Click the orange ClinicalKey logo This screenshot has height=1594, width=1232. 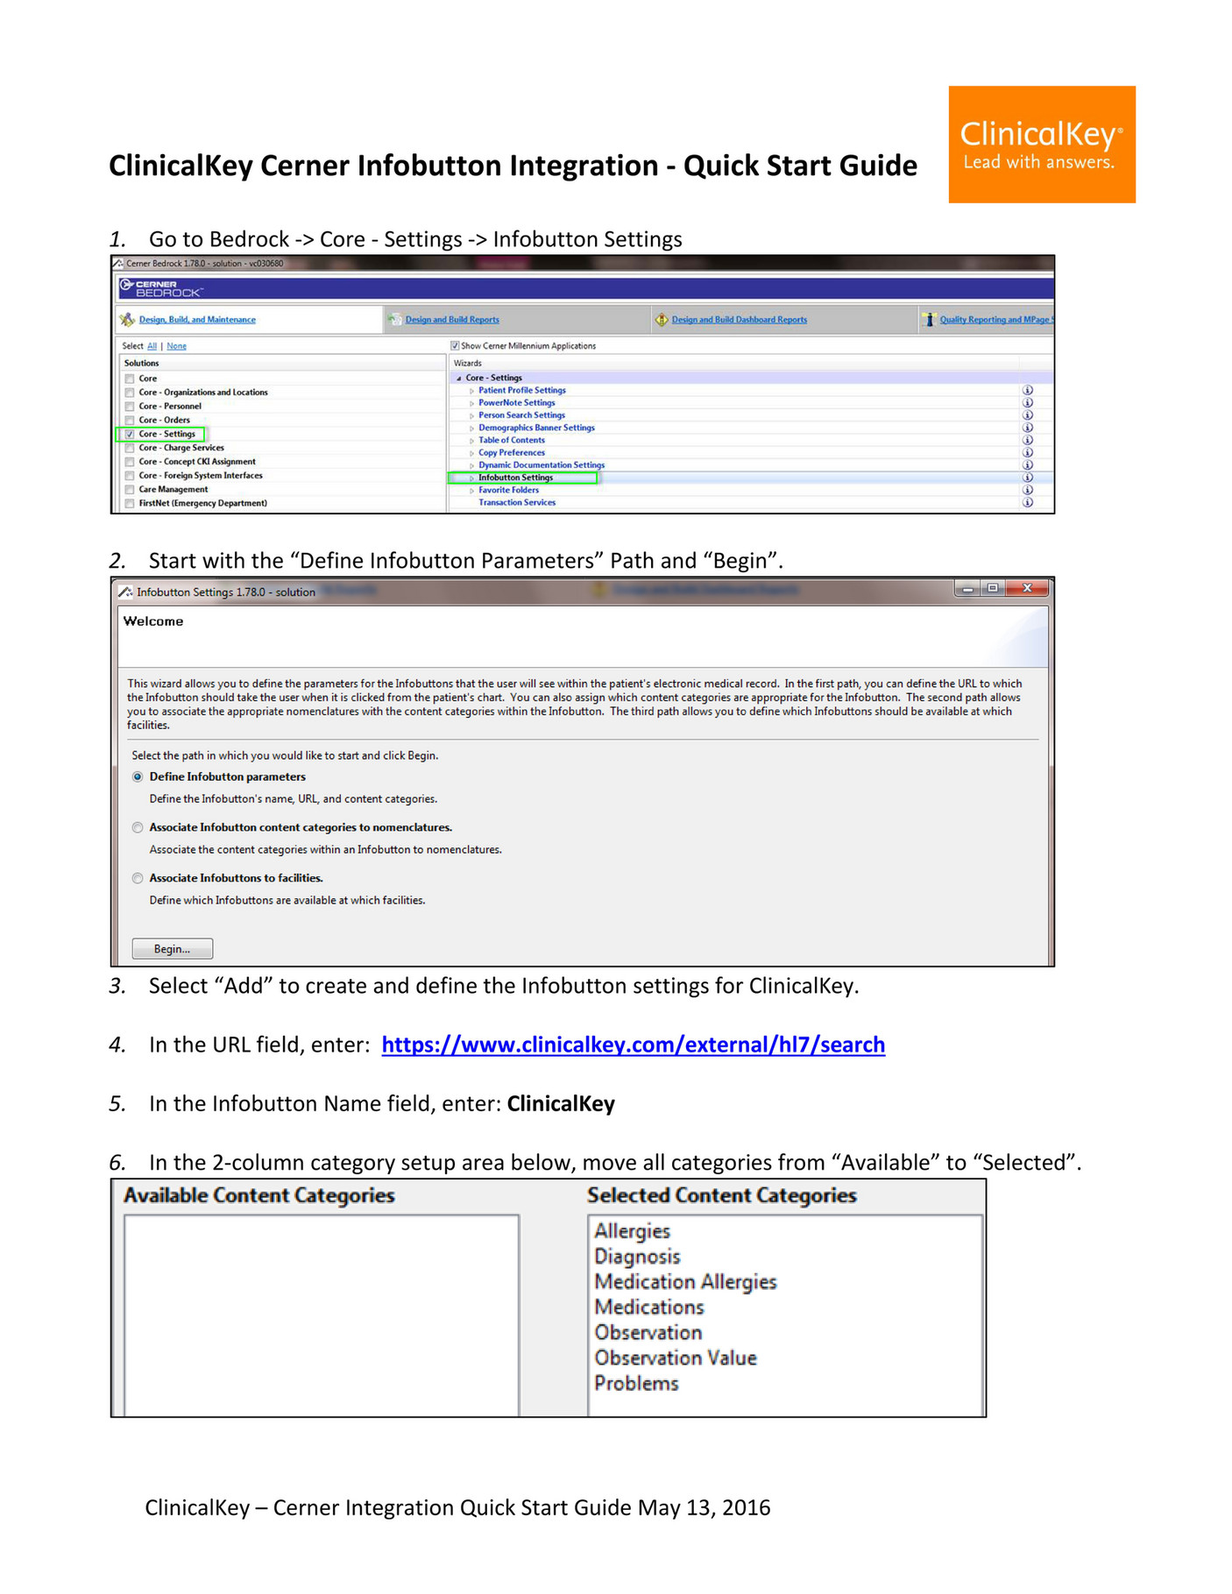(1041, 145)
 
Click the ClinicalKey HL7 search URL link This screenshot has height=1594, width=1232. (633, 1045)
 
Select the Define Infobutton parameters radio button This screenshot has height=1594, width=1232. (138, 776)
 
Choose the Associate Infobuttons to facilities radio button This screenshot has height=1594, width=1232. (138, 878)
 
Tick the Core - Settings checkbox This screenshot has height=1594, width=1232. (130, 434)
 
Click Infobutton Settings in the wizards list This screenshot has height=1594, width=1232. (515, 478)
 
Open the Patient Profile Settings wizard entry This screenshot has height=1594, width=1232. (521, 390)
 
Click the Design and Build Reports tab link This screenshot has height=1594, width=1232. (451, 320)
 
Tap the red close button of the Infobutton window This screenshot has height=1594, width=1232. (1027, 588)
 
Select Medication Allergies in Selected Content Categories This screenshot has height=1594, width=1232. (685, 1281)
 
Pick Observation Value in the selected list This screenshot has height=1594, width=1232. (675, 1357)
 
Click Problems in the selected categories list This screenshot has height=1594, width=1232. (636, 1383)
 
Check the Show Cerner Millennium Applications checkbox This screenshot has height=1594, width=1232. (455, 345)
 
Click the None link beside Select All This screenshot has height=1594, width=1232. (176, 346)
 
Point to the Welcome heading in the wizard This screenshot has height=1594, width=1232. (153, 621)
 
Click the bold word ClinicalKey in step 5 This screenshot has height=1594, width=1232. (561, 1103)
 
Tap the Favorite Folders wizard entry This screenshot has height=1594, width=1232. (508, 490)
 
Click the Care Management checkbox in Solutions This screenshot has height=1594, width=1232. (130, 490)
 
